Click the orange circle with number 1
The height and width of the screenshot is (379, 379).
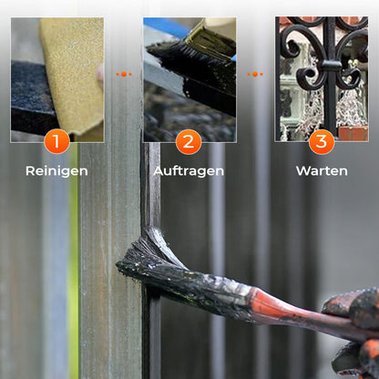(x=56, y=142)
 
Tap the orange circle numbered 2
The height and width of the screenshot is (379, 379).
(x=189, y=142)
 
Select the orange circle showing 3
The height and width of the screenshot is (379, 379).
(x=321, y=142)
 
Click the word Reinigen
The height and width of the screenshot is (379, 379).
(x=56, y=170)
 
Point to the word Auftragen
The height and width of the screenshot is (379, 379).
(x=189, y=170)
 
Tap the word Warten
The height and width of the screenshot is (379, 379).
(x=321, y=170)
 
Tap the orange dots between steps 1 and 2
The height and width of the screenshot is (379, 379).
(x=123, y=74)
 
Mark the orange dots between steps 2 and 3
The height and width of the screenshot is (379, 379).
(x=255, y=74)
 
